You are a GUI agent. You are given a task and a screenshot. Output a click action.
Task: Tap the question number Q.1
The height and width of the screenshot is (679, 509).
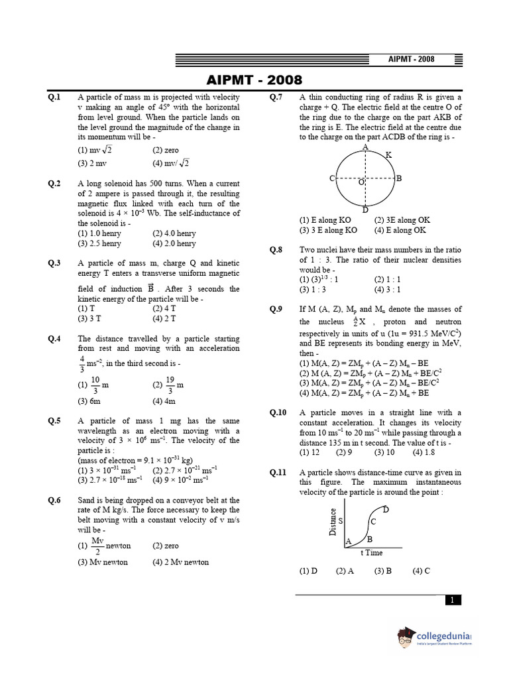point(54,97)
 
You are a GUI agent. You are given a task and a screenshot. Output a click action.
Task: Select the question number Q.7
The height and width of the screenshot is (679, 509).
point(276,97)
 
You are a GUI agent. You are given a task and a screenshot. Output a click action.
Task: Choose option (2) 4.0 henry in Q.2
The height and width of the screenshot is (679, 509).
point(174,233)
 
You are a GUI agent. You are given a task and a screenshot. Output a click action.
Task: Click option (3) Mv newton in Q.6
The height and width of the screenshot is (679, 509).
point(103,562)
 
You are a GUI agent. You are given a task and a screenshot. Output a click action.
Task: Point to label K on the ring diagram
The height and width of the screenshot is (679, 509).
point(388,154)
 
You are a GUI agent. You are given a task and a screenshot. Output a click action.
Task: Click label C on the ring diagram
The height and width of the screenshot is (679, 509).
point(332,178)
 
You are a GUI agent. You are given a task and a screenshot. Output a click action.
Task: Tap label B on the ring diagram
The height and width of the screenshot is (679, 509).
point(399,178)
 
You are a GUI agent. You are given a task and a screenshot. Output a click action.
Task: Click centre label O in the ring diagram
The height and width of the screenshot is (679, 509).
point(361,182)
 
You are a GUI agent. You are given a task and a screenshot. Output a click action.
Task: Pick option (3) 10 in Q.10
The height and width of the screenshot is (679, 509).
point(384,452)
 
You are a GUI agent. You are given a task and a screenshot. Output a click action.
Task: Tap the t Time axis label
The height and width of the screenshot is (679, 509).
point(371,552)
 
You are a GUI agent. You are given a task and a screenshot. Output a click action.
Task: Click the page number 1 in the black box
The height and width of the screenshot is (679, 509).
point(452,600)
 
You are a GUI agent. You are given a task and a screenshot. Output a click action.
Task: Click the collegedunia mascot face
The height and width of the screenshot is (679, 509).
point(406,639)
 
